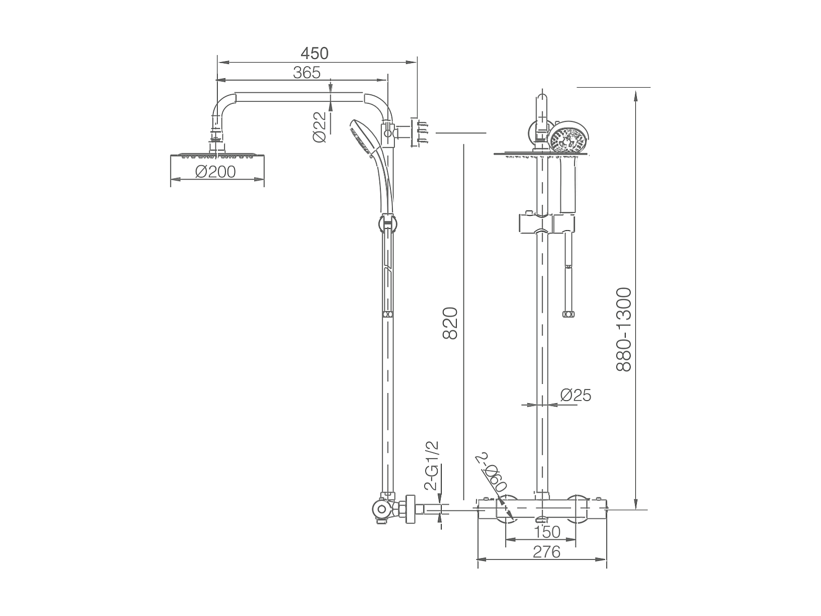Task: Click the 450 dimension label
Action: coord(315,53)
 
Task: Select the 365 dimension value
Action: coord(307,73)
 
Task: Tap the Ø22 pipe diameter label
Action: coord(319,127)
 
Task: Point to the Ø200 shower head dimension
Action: coord(215,172)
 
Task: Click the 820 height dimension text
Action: coord(450,323)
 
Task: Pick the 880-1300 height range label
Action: coord(623,329)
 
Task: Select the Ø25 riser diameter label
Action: coord(575,395)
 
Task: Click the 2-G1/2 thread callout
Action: coord(431,466)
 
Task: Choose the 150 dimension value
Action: coord(547,532)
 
